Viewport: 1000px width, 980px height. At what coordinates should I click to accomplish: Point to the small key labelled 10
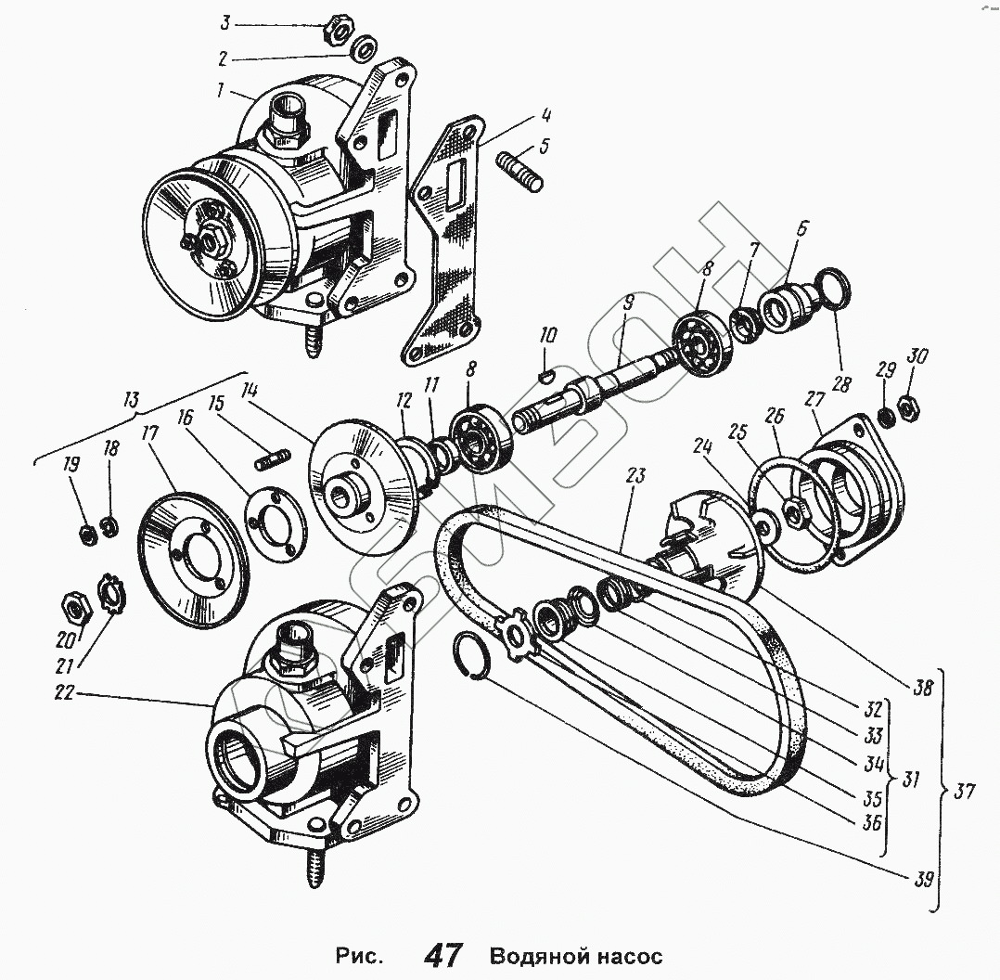[x=546, y=375]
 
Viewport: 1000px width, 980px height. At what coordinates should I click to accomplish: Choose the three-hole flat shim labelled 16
[x=276, y=524]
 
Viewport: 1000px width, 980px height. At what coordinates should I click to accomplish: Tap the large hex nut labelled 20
[x=73, y=609]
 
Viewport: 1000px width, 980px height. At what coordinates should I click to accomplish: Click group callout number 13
[x=131, y=400]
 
